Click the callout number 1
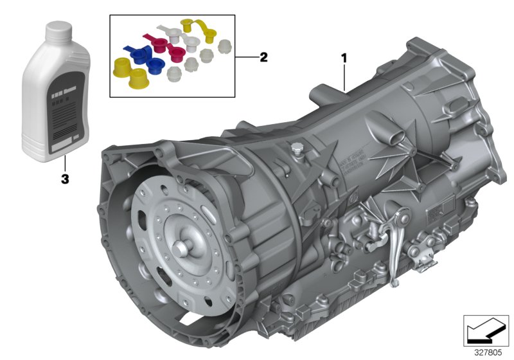click(x=344, y=59)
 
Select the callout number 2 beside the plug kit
click(x=263, y=57)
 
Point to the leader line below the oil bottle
click(x=64, y=164)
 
